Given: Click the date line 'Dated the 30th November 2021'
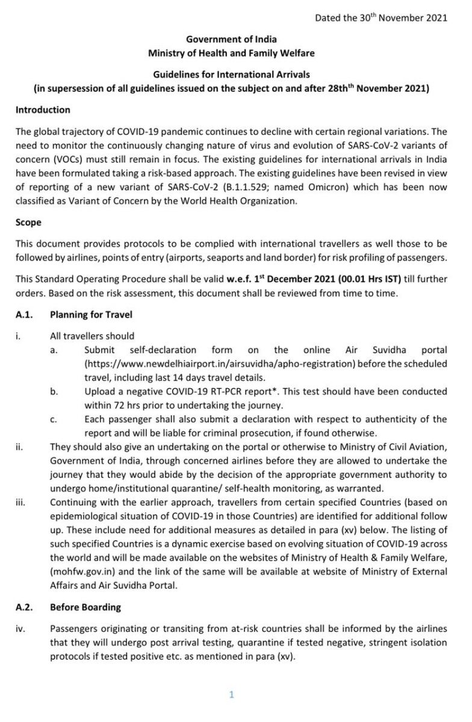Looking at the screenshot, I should point(381,17).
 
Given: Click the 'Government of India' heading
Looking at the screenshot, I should point(231,40).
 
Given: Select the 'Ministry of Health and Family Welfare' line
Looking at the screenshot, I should point(231,53).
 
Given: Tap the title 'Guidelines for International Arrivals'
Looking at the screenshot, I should point(231,75).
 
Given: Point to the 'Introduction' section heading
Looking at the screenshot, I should point(43,110).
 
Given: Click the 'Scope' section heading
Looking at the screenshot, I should point(28,222).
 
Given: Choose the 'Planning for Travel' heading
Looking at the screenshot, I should point(91,315).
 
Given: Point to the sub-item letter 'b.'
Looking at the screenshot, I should point(54,392).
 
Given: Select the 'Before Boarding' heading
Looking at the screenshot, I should point(85,607).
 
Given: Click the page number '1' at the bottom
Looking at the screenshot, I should point(231,696).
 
